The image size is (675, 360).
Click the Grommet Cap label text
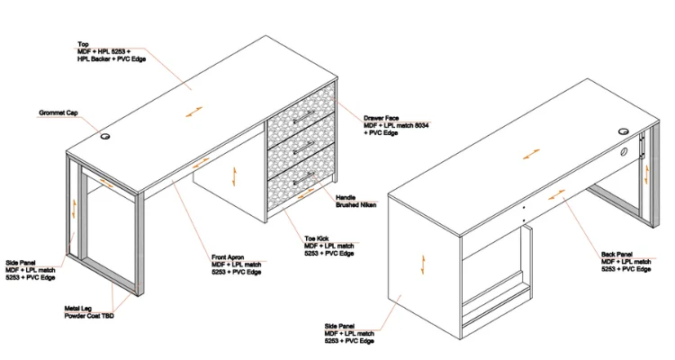59,113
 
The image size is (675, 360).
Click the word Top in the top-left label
83,43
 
